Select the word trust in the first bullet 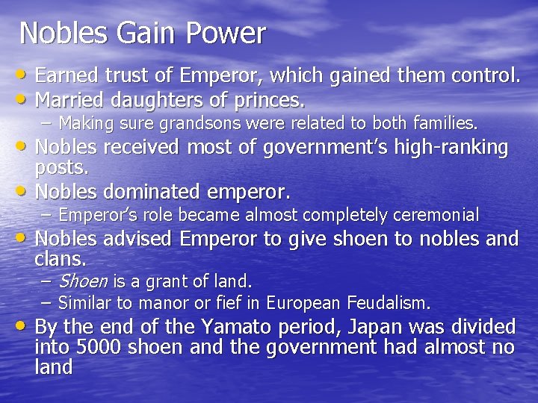[129, 75]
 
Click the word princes [268, 99]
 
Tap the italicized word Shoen [82, 281]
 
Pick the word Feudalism [388, 303]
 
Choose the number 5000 [101, 347]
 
